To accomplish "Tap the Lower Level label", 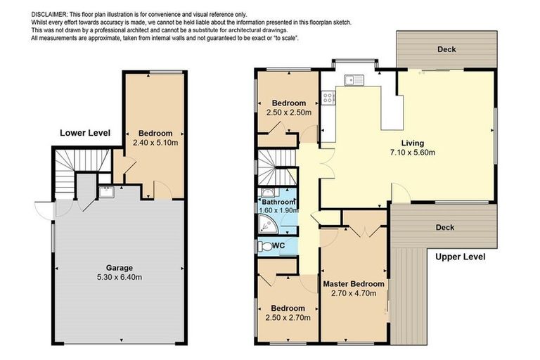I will click(85, 132).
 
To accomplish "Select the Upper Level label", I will click(461, 257).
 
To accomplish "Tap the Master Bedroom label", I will click(354, 284).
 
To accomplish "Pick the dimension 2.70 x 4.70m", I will click(354, 294).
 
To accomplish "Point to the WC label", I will click(278, 246).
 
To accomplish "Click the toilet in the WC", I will click(265, 247).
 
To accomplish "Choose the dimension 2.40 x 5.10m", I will click(155, 143).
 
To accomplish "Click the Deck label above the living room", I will click(446, 49).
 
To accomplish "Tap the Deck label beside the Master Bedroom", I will click(444, 227).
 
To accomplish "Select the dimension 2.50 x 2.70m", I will click(288, 317).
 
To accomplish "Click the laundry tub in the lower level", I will click(106, 192).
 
